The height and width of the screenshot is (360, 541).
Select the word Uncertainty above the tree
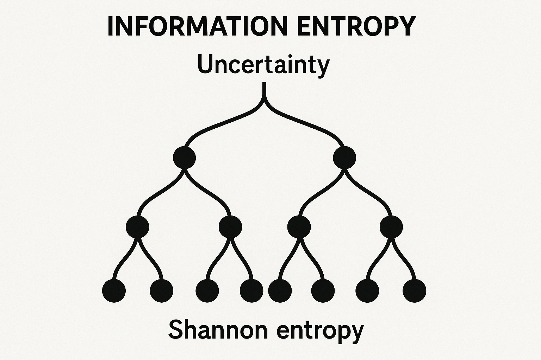(x=263, y=65)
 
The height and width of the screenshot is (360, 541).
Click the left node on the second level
(x=184, y=157)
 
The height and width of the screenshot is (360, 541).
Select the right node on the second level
(x=344, y=157)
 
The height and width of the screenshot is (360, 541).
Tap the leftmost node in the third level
(x=137, y=227)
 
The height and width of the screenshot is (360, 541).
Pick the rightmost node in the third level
(x=391, y=227)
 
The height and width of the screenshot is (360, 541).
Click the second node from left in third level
(x=230, y=227)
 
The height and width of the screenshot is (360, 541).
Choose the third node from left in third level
(x=299, y=227)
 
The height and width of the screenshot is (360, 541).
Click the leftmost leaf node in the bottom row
(x=114, y=291)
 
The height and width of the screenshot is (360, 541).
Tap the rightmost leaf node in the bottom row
(x=414, y=291)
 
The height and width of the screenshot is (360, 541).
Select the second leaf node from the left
(x=161, y=291)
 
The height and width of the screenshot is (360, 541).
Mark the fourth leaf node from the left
(x=251, y=291)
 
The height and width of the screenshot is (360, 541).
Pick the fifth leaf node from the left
(x=280, y=291)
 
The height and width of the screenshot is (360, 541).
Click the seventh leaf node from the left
(x=367, y=291)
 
